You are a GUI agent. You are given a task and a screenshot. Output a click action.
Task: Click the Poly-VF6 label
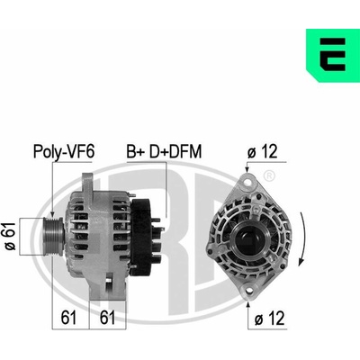(x=64, y=151)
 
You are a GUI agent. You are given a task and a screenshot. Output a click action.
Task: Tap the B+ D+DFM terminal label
(x=164, y=151)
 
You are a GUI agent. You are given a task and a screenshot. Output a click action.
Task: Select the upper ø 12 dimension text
(x=263, y=151)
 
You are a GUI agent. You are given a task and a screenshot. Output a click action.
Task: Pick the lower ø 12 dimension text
(x=269, y=319)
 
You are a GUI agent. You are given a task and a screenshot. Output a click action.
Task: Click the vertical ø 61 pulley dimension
(x=10, y=237)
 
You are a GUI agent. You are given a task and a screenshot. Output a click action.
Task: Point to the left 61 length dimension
(x=68, y=318)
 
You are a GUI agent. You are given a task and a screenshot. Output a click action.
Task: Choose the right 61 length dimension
(x=107, y=318)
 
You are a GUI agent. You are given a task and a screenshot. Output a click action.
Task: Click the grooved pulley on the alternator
(x=52, y=237)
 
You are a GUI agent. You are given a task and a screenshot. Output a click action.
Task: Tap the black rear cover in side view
(x=141, y=237)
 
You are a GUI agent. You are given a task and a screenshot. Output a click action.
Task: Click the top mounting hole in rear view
(x=247, y=182)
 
